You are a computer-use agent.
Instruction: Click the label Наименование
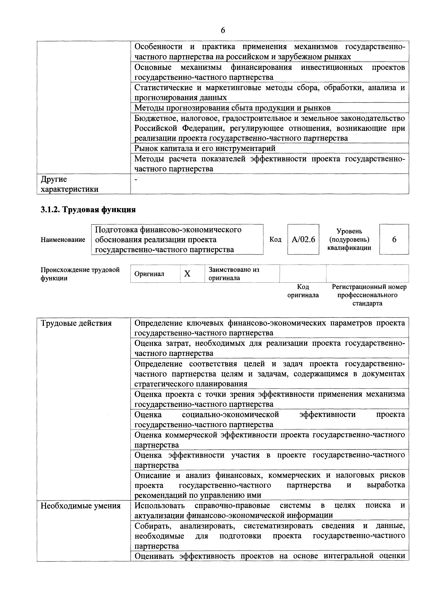[63, 240]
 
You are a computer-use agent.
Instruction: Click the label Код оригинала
[303, 291]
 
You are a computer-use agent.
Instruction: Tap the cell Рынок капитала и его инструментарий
[205, 148]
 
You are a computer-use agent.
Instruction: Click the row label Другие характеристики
[69, 184]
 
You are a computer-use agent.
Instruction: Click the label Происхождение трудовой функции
[80, 274]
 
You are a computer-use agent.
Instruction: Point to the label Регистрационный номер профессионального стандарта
[369, 295]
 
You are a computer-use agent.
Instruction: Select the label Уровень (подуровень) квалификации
[349, 240]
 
